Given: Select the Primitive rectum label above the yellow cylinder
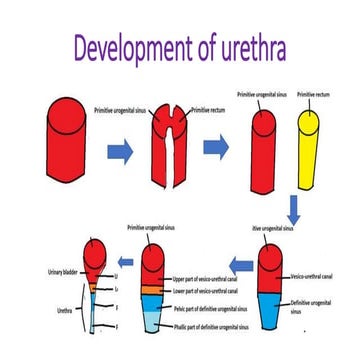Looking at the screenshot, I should tap(312, 95).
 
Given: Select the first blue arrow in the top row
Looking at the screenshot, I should tap(121, 150).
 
